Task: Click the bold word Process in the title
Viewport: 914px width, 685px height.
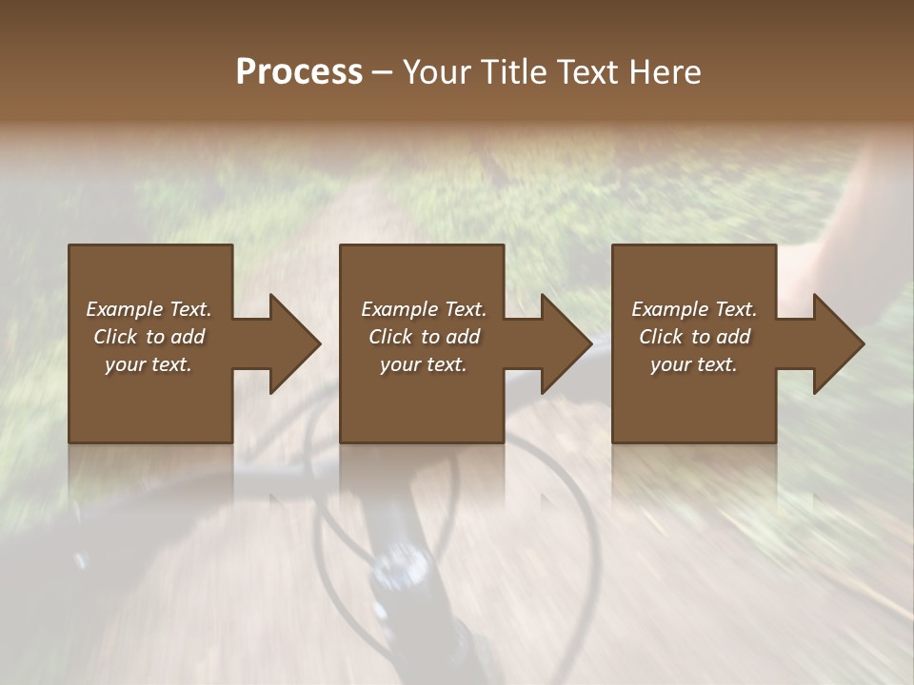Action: [299, 72]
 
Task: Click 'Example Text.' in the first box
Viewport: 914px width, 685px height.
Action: [149, 309]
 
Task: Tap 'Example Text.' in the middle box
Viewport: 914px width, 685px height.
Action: [424, 309]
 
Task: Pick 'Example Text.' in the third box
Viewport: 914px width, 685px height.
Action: [694, 309]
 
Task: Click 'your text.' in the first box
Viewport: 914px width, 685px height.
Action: [149, 364]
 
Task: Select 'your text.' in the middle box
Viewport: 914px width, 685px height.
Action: [424, 364]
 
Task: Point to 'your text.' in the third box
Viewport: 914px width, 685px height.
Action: [694, 364]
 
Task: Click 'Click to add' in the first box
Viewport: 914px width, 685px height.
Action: [149, 337]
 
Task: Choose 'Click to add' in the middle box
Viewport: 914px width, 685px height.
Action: [424, 337]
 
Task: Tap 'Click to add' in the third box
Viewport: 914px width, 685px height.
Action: [694, 337]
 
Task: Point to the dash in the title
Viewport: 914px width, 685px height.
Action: [383, 72]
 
